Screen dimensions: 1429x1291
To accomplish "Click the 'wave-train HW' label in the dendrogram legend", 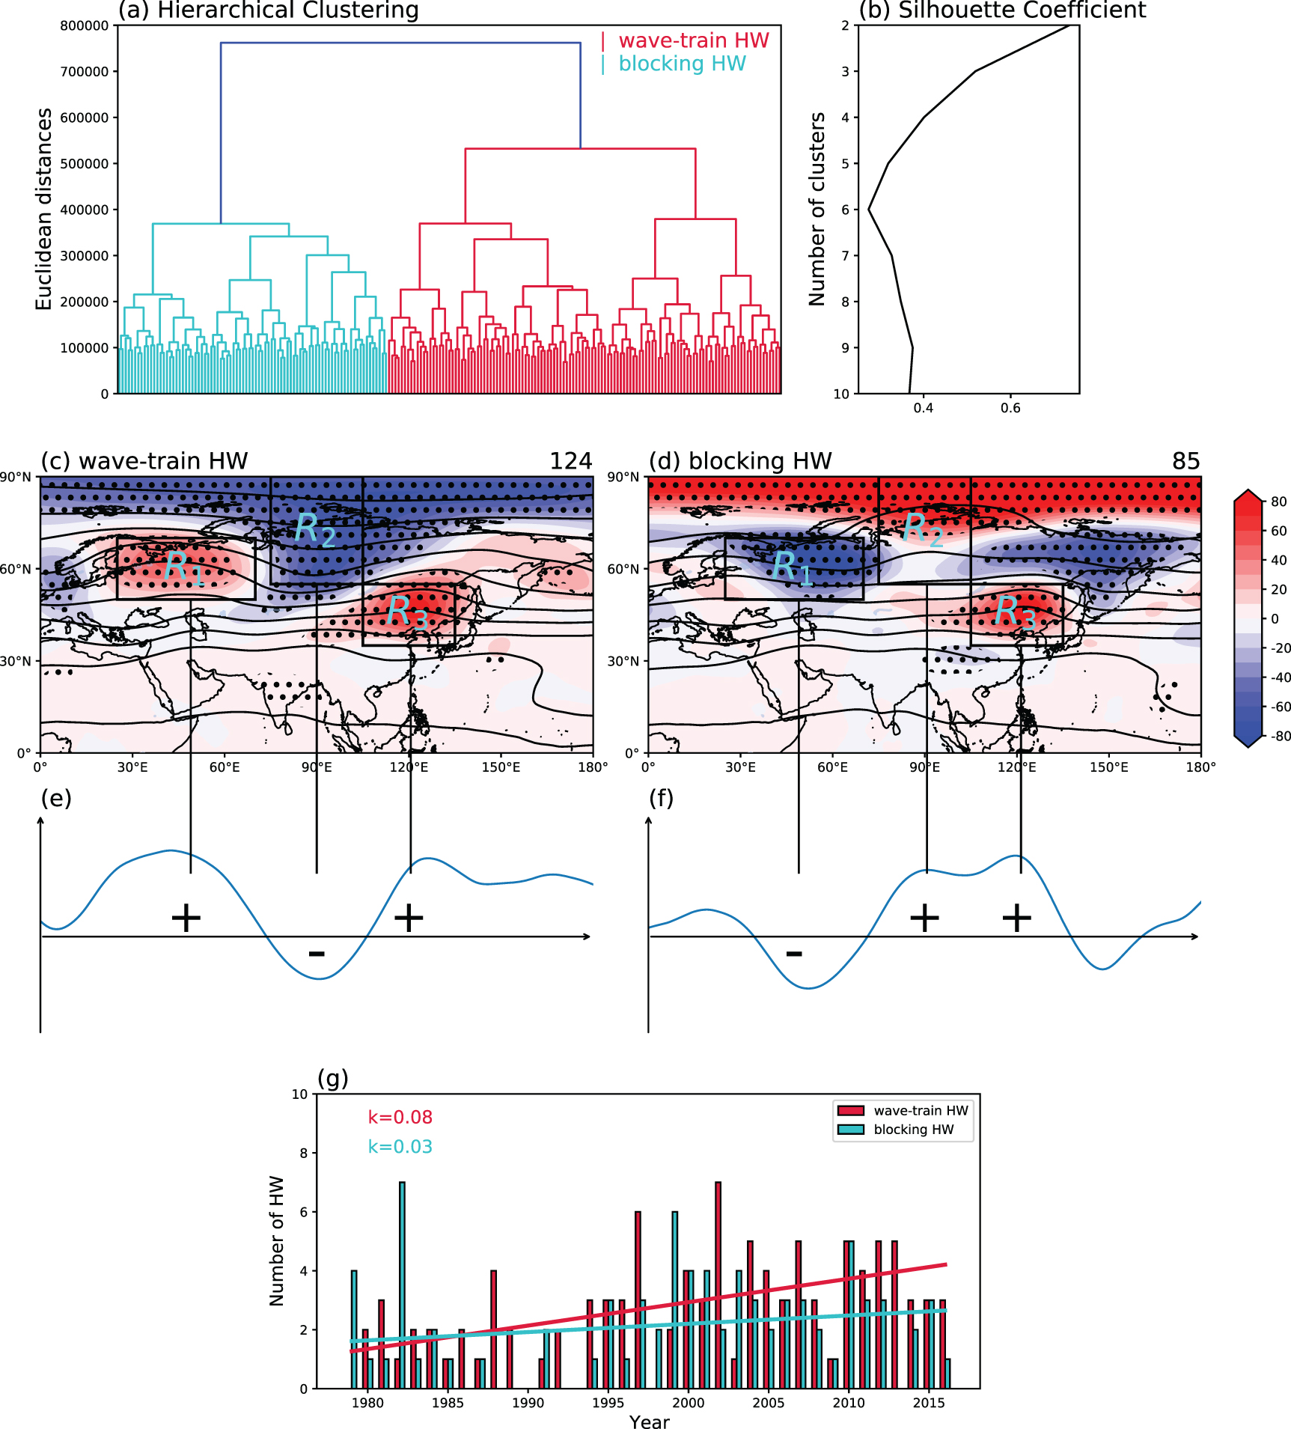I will pos(693,40).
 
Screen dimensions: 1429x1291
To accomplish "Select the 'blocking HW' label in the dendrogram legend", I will pos(681,64).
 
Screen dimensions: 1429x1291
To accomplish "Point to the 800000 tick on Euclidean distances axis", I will pos(84,25).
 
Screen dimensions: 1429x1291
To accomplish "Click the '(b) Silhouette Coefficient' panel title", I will pos(1002,10).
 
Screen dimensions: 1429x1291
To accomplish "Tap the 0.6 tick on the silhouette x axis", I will pos(1010,408).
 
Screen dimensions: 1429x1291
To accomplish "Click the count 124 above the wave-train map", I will pos(570,461).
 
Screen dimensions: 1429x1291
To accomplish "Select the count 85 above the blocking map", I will pos(1185,461).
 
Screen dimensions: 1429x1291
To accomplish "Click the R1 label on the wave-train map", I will pos(183,567).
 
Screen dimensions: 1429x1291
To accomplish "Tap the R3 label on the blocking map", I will pos(1015,612).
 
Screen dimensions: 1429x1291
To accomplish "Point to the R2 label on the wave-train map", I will pos(314,529).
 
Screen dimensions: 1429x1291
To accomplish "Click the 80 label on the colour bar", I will pos(1278,502).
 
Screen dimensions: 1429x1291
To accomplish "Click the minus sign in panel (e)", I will pos(317,954).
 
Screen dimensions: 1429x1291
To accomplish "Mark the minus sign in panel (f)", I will pos(794,954).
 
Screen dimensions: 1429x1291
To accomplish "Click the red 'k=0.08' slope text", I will pos(400,1118).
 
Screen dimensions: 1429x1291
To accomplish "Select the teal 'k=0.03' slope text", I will pos(400,1147).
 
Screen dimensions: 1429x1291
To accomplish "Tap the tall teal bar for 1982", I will pos(402,1285).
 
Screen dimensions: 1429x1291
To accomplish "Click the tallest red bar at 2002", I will pos(718,1285).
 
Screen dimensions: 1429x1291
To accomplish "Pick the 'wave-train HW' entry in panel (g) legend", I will pos(921,1111).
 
